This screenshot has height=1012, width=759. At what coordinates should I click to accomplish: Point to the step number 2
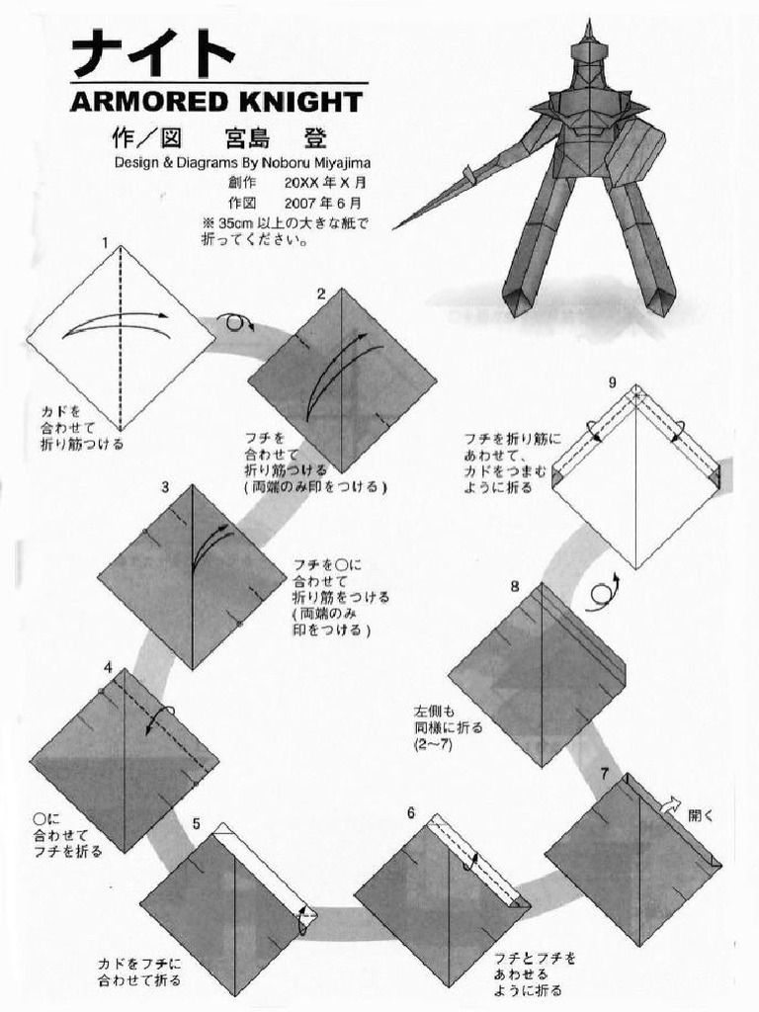(x=321, y=293)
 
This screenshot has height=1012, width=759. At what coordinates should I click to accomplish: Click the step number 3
(x=165, y=486)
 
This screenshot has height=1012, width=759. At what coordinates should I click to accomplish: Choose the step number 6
(x=410, y=812)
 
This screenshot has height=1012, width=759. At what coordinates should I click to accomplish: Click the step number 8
(x=515, y=585)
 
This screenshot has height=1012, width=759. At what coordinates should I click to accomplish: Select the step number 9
(x=613, y=382)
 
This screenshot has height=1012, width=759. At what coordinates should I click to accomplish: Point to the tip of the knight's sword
(x=395, y=228)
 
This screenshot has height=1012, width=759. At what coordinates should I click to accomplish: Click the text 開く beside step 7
(x=701, y=816)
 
